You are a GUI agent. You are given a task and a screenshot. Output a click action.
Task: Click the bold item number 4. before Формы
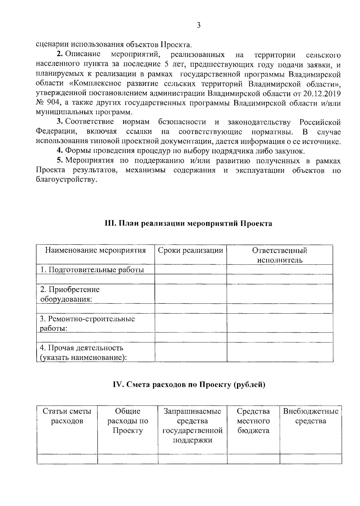(x=60, y=151)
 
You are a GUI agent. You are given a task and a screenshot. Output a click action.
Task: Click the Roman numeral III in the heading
(x=110, y=224)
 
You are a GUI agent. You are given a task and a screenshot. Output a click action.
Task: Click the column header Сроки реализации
(x=190, y=251)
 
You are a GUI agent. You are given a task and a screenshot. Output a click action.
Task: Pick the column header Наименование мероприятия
(x=95, y=251)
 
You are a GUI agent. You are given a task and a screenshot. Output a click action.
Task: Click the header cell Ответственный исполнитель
(x=280, y=255)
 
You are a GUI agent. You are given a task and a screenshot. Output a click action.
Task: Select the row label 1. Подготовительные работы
(x=92, y=270)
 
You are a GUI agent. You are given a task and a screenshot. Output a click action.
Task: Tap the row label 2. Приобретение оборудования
(x=70, y=294)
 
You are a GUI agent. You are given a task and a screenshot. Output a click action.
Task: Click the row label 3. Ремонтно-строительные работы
(x=87, y=323)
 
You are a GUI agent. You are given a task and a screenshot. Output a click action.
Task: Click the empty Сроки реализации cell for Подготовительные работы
(x=190, y=270)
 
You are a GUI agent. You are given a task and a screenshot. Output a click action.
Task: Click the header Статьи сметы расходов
(x=67, y=416)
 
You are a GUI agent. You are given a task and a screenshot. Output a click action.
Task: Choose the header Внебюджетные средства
(x=310, y=416)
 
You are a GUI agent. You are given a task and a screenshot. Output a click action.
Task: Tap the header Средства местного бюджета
(x=253, y=421)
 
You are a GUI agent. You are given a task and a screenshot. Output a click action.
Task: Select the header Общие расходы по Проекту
(x=128, y=421)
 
